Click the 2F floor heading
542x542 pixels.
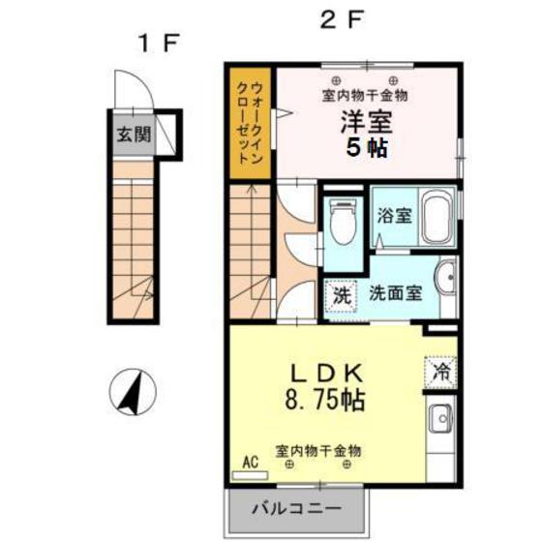(x=340, y=18)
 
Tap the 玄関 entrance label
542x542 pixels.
(x=134, y=135)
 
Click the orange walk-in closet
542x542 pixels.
(x=251, y=123)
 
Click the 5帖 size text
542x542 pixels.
(x=359, y=150)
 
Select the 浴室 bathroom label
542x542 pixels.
(x=396, y=216)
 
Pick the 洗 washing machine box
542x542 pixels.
(x=342, y=295)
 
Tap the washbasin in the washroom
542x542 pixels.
(x=447, y=281)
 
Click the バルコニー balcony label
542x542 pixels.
(x=297, y=507)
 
